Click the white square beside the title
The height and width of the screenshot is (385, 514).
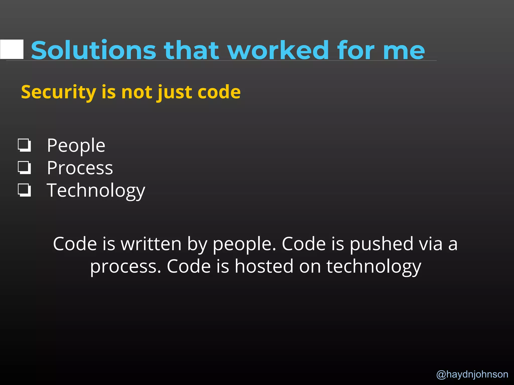(12, 49)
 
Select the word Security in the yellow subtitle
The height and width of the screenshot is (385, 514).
(58, 92)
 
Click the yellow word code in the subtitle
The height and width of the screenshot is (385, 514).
(219, 92)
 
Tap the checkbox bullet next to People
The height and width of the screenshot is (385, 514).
(24, 145)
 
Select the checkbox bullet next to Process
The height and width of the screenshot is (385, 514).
(24, 168)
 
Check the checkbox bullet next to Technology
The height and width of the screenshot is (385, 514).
(24, 190)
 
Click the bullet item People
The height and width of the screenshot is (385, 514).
(76, 145)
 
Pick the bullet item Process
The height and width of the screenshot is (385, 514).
(80, 168)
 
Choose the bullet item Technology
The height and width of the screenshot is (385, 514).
(96, 190)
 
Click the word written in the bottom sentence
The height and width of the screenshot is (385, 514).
(151, 244)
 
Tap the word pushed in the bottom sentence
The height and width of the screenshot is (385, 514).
(381, 244)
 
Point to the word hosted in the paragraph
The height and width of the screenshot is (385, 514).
(264, 266)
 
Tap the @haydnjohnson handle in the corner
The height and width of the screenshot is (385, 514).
(472, 374)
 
